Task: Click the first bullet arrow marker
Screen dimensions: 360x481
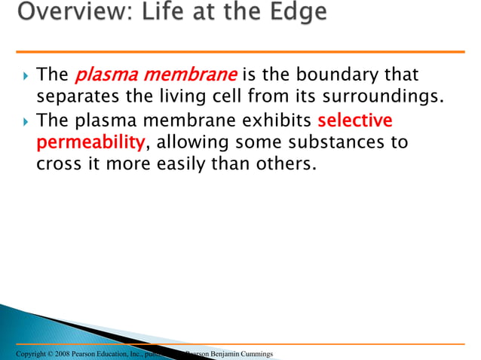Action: (26, 76)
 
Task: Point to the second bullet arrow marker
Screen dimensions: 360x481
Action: (26, 121)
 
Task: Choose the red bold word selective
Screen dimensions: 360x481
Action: (354, 121)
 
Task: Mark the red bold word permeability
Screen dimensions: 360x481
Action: (90, 143)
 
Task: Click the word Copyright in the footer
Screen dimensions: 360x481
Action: (17, 354)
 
